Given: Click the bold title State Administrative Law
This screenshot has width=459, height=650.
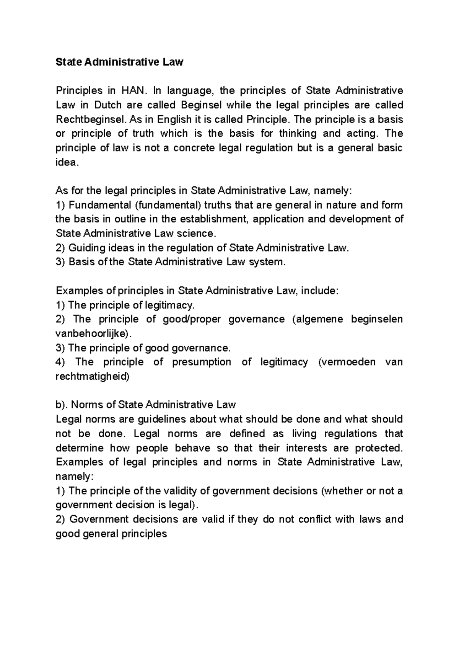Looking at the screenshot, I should click(x=119, y=62).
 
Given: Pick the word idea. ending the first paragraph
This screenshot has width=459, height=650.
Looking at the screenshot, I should click(x=67, y=162).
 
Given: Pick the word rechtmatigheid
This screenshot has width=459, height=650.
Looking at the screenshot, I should click(x=92, y=377).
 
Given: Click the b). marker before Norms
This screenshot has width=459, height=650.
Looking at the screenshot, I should click(x=62, y=405).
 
